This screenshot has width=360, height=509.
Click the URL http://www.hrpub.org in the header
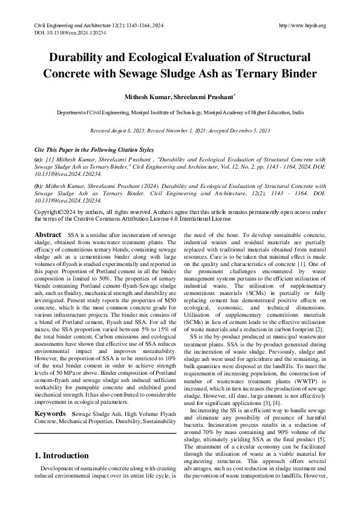(303, 25)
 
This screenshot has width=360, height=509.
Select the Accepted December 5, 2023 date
(238, 130)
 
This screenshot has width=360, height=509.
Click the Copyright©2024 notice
(57, 212)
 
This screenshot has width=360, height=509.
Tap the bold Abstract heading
(48, 234)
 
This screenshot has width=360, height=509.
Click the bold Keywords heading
(50, 397)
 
